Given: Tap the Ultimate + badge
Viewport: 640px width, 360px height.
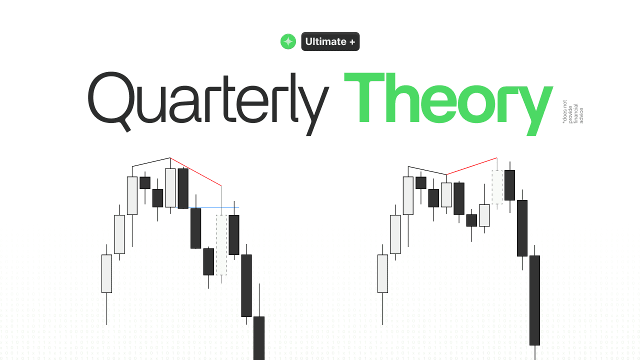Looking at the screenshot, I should point(330,41).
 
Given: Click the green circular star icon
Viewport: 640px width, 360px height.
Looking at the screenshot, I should point(288,41).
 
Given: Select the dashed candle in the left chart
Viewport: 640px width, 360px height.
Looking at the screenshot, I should point(221,244).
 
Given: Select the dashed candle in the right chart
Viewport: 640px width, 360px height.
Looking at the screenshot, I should point(497,187).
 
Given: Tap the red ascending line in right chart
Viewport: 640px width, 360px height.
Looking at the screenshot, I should point(472,166).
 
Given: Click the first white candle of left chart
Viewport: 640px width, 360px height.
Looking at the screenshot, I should point(106,273).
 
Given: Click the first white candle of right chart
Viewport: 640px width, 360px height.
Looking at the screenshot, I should point(382,273).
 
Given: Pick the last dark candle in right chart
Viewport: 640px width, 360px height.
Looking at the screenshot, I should point(534,300).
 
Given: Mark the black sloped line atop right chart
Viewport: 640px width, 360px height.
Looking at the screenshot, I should point(427,170).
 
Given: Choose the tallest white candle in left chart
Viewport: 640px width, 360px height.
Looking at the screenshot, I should point(132,195).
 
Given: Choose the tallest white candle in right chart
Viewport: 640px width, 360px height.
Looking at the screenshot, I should point(408,195).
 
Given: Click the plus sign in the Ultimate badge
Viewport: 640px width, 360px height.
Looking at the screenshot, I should point(352,41).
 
